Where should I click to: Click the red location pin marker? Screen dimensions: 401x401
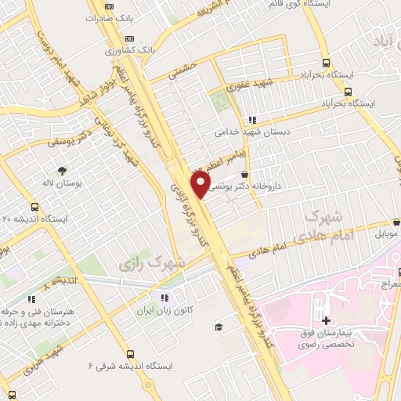coord(202,183)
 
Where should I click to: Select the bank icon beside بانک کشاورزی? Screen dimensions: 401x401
coord(129,38)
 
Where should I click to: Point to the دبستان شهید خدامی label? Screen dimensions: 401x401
coord(247,133)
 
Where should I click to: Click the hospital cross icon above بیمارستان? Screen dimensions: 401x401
coord(326,321)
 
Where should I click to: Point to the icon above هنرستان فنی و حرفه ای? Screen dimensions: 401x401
coord(31,298)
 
